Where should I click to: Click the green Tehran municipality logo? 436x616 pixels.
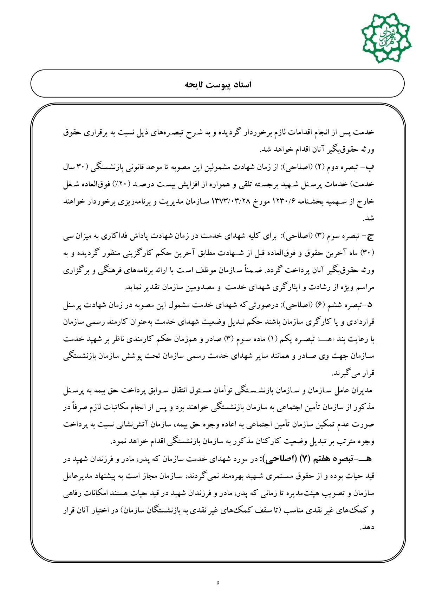[386, 37]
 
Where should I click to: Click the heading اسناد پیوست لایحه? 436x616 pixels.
[218, 85]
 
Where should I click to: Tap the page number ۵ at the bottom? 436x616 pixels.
[218, 583]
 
